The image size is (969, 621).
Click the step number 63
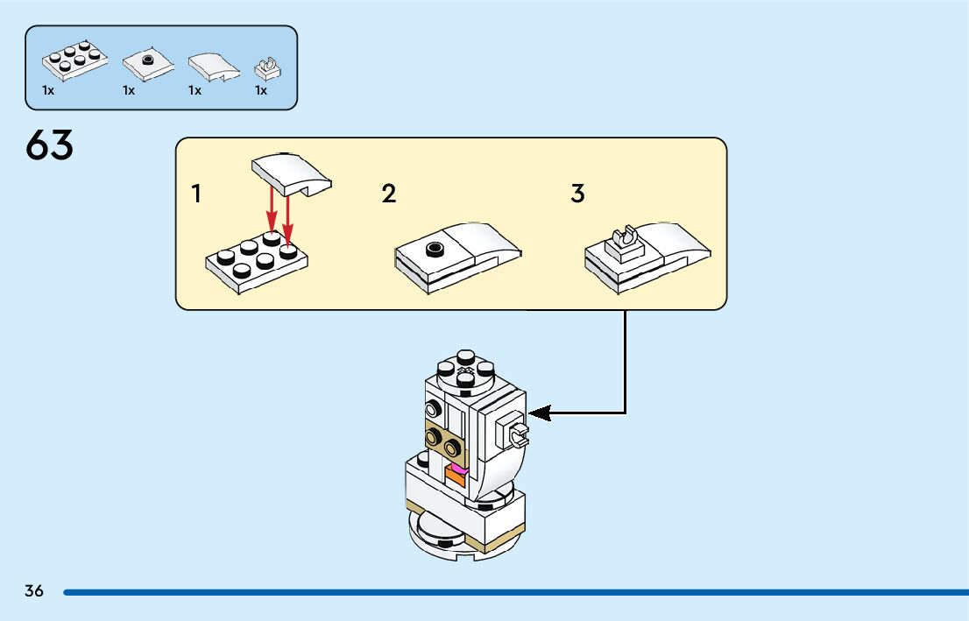pos(50,145)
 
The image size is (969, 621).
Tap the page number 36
pos(34,591)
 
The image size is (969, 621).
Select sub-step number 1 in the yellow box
pos(196,194)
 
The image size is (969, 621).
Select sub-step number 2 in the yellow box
pos(389,194)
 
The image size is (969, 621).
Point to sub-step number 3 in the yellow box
pos(577,194)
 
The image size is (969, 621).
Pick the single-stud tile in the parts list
pos(145,64)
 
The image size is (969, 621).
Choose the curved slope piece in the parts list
pos(212,66)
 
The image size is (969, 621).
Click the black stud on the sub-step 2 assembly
pos(435,249)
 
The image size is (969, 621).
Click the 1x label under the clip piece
pos(261,90)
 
